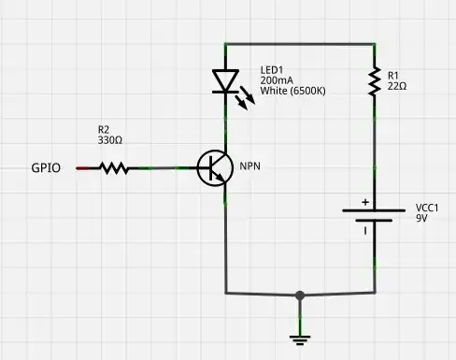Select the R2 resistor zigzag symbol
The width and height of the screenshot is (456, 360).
click(114, 168)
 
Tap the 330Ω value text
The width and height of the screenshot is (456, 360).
click(111, 140)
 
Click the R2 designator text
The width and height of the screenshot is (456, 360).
click(104, 129)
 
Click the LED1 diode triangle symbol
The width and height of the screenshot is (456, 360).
click(225, 81)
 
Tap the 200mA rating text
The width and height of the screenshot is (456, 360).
click(276, 81)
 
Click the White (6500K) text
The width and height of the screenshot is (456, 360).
click(292, 93)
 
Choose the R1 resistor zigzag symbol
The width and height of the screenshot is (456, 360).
click(374, 81)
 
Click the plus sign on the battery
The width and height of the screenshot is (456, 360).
click(365, 202)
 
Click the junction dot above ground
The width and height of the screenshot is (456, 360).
click(299, 295)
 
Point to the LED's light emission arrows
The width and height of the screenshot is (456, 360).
click(246, 101)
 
